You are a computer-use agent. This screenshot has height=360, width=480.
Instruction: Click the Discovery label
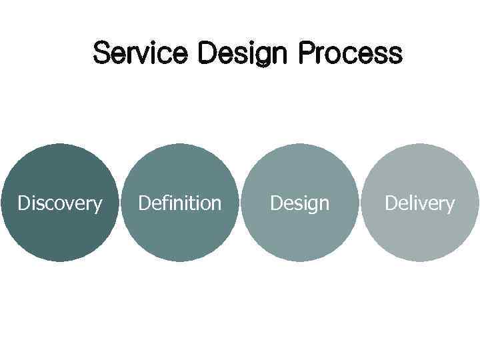(x=60, y=203)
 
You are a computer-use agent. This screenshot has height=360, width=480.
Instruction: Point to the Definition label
(x=179, y=202)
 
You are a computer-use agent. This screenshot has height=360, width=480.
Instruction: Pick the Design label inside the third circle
(x=299, y=203)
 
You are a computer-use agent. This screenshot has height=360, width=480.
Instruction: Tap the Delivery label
(x=419, y=203)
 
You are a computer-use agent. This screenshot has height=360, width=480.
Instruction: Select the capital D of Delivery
(x=391, y=203)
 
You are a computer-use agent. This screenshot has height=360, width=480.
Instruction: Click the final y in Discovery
(x=98, y=205)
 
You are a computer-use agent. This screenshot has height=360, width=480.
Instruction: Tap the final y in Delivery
(x=451, y=205)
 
